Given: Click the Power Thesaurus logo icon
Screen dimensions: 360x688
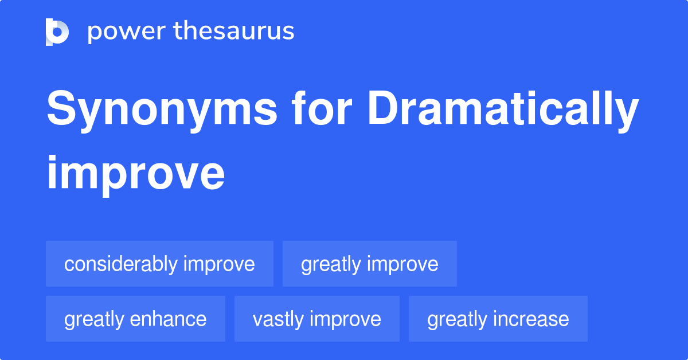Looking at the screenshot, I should (57, 32).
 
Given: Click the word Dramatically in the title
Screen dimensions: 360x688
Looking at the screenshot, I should (503, 111).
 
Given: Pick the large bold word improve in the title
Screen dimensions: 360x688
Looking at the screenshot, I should (135, 173).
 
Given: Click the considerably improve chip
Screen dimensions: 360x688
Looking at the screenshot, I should (159, 264).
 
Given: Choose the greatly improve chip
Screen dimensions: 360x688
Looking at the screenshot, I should (369, 264).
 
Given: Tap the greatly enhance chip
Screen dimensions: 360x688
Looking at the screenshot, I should (135, 319).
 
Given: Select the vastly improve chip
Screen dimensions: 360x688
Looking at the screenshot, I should (316, 319).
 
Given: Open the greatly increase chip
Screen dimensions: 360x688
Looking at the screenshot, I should (498, 319).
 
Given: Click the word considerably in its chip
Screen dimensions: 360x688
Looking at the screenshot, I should (120, 264).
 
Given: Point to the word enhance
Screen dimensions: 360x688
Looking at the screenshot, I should (171, 319).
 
